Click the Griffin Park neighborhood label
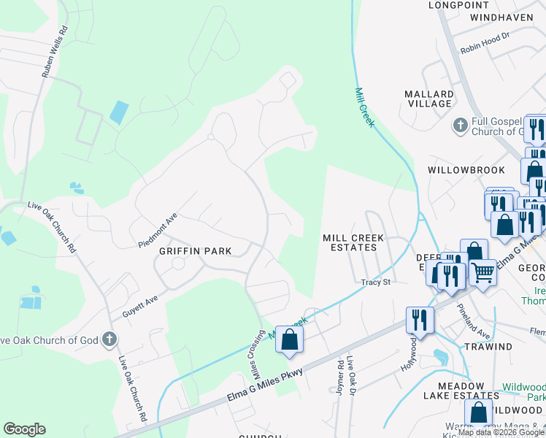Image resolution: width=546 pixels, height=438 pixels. coord(196,251)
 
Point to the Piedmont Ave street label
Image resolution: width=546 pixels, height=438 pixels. coord(158,231)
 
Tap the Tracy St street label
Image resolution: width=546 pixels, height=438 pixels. coord(376,282)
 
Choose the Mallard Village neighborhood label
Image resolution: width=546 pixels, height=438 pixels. coord(429,99)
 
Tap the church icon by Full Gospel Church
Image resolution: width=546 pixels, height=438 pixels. coord(460,126)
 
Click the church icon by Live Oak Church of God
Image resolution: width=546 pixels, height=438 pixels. coord(109,339)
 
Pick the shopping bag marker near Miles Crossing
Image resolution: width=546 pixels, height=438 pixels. coord(289,339)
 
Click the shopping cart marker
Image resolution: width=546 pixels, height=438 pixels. coord(482,273)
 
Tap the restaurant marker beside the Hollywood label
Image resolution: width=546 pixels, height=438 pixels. coord(420,319)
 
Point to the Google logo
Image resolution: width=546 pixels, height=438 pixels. coord(24,429)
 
